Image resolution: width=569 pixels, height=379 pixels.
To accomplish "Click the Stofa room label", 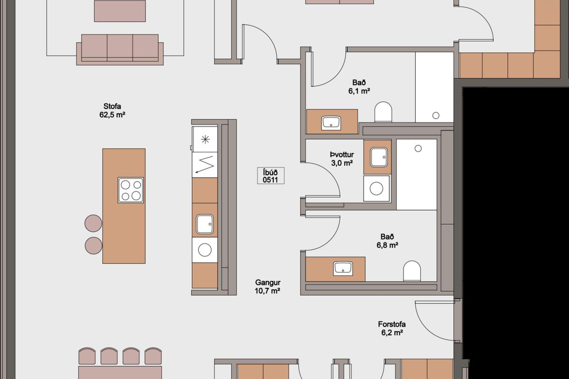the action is click(112, 106).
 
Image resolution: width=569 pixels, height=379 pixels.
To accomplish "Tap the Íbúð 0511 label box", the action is click(271, 176).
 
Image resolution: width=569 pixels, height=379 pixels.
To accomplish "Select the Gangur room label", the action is click(268, 283).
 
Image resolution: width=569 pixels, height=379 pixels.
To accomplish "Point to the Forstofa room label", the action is click(392, 324).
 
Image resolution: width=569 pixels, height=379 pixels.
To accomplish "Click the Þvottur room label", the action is click(342, 155).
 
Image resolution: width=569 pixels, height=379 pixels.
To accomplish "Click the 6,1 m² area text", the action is click(359, 91).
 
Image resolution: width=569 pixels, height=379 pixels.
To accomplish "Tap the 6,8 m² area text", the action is click(387, 245).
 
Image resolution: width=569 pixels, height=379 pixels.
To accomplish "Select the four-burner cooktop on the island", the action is click(131, 190).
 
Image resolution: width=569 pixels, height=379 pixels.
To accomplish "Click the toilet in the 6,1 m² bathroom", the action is click(383, 112).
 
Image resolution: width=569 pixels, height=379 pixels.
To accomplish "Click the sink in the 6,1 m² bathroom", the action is click(331, 123).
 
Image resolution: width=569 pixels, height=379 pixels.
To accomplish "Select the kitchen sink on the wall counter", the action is click(204, 224).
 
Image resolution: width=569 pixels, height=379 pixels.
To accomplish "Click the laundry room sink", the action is click(378, 157).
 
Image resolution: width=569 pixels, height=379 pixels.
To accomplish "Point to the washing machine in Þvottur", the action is click(377, 189).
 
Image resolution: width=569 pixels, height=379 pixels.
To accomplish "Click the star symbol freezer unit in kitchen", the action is click(205, 139).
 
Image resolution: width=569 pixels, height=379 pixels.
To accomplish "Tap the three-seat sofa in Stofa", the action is click(120, 49).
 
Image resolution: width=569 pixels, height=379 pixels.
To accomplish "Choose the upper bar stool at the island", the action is click(93, 223).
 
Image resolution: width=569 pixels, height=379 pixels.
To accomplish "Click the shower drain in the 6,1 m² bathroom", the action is click(436, 115).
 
